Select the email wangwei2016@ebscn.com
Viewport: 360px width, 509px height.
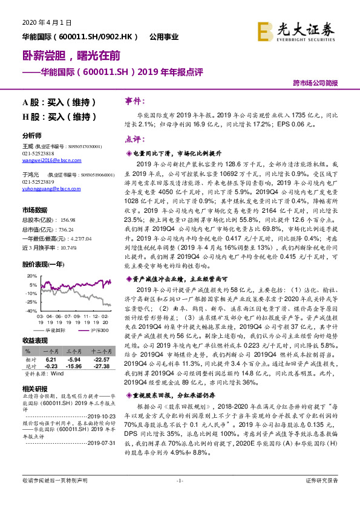51,161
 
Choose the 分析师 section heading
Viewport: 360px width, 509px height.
33,135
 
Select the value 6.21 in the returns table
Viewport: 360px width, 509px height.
51,359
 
